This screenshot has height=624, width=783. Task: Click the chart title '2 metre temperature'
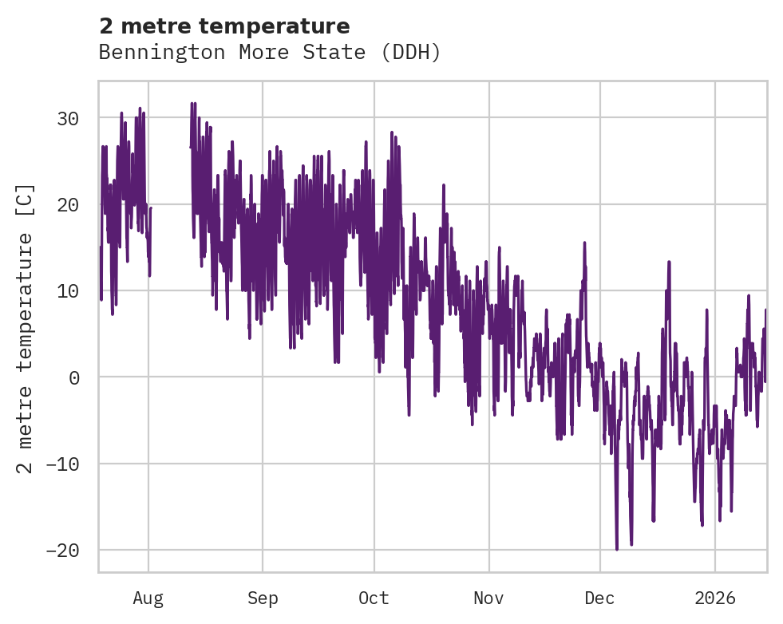point(224,26)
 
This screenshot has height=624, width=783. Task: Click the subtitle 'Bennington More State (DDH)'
point(270,53)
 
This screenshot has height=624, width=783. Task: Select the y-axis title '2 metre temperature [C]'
point(26,328)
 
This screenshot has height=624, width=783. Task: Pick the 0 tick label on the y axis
point(74,377)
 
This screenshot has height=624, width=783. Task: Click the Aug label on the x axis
point(148,598)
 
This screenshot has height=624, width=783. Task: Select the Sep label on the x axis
point(263,598)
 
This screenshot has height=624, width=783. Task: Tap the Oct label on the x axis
point(374,598)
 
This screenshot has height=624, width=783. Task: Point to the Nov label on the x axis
point(488,598)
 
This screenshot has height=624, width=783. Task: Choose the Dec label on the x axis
point(599,598)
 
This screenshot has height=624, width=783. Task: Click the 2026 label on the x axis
point(715,598)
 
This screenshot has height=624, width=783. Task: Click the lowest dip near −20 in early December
point(616,548)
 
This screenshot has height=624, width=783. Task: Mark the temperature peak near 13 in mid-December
point(669,263)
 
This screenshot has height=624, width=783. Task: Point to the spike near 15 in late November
point(584,243)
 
